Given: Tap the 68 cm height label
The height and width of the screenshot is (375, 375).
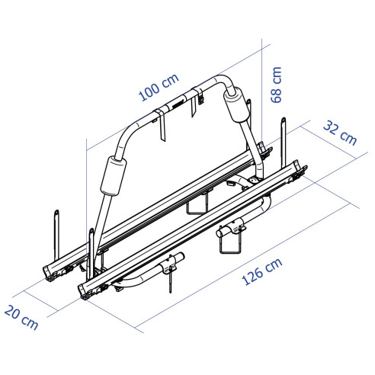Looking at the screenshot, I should [x=276, y=83].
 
